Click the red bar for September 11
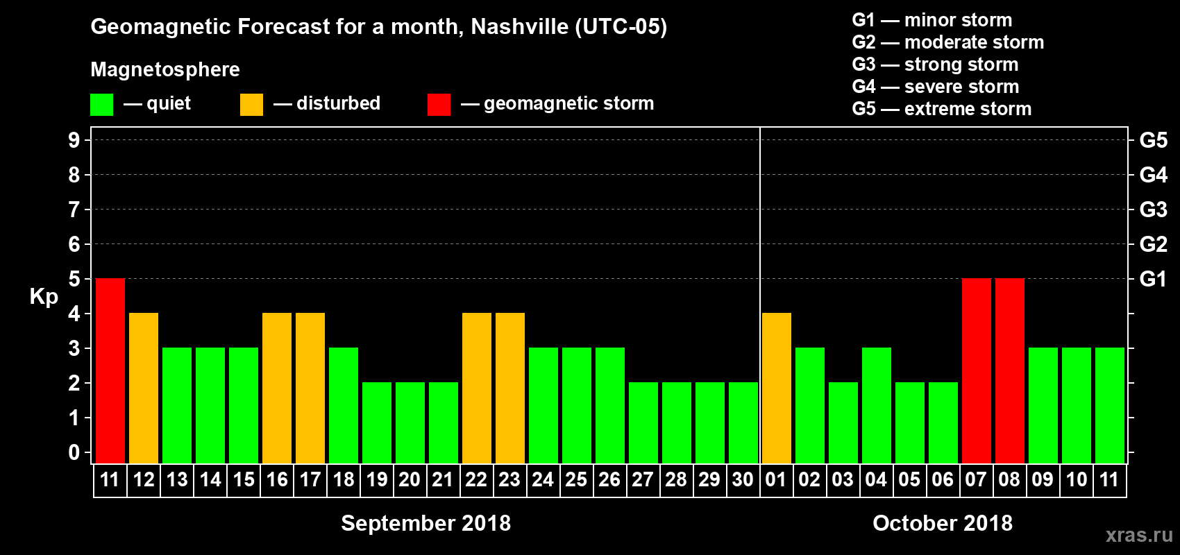pos(110,370)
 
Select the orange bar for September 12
pos(144,388)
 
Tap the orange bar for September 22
pos(477,388)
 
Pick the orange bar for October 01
pos(777,388)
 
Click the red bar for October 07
pos(977,370)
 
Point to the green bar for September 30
pos(743,422)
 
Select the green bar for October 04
pos(877,405)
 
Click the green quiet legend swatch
pos(102,105)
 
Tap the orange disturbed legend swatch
pos(251,105)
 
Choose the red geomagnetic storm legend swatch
pos(439,105)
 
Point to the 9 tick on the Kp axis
pos(74,140)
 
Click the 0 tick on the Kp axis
pos(74,452)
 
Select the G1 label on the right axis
pos(1153,279)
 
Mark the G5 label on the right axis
pos(1153,140)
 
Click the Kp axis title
pos(44,296)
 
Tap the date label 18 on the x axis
pos(344,480)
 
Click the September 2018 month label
pos(425,523)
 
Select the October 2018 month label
pos(942,523)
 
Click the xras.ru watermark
pos(1139,535)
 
